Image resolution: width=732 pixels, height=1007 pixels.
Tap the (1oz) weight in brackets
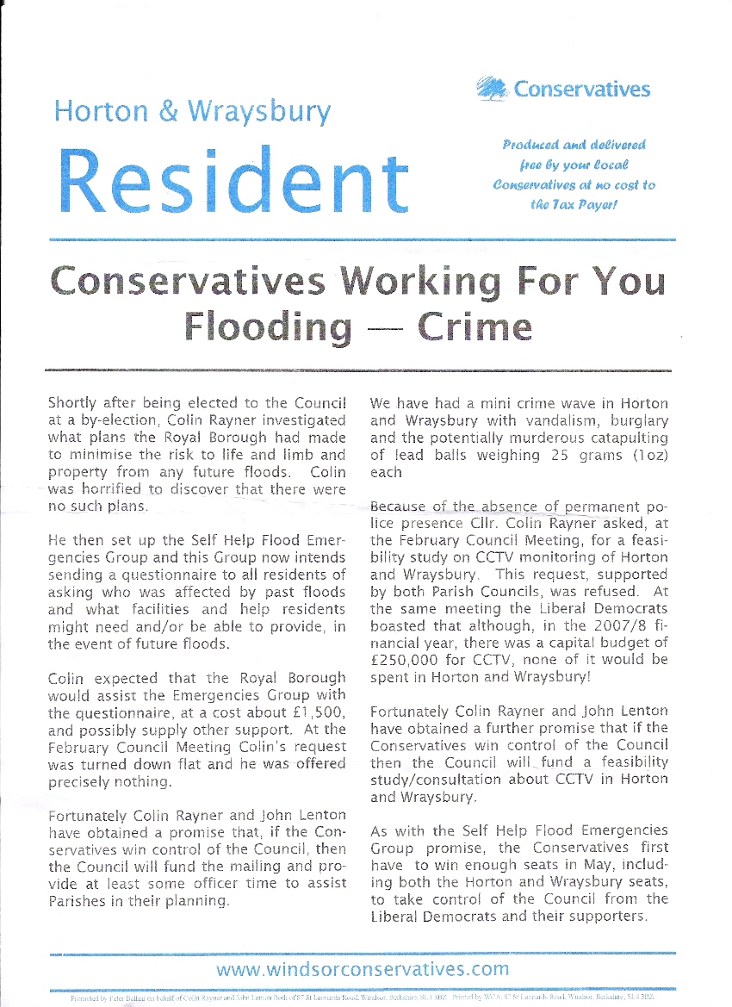coord(636,456)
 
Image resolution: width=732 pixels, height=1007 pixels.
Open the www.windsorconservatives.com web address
coord(363,969)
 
